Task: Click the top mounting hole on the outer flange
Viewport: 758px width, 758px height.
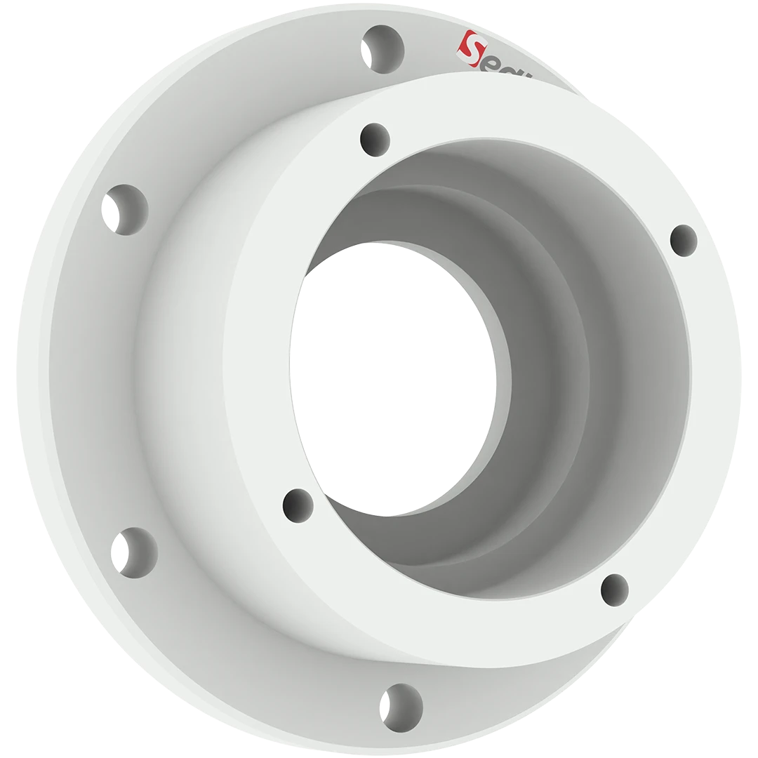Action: tap(383, 49)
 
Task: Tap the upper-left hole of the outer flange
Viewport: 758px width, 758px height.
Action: tap(126, 209)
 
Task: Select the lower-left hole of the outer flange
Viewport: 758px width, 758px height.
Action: tap(134, 552)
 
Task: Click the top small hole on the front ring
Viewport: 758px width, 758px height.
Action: tap(375, 139)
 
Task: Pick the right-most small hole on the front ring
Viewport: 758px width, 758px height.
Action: tap(684, 240)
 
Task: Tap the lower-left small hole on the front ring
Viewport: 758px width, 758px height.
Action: tap(298, 505)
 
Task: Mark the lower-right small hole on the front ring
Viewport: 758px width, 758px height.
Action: tap(615, 589)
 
